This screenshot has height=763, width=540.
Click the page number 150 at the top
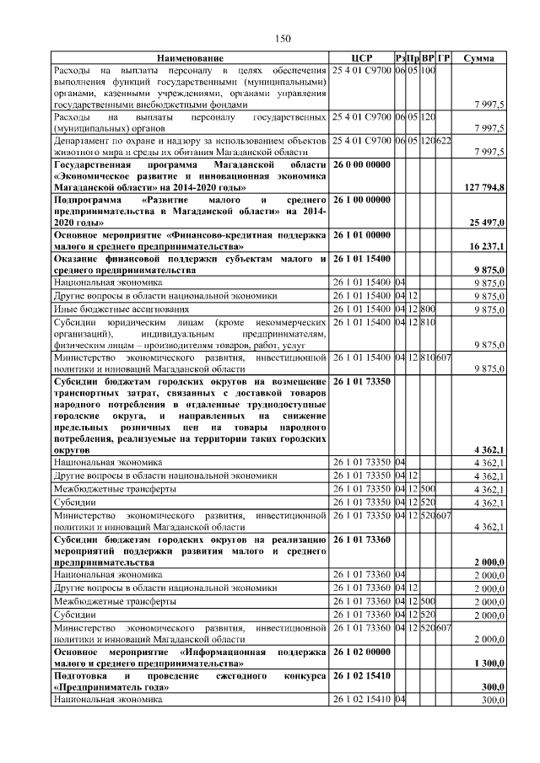pyautogui.click(x=283, y=39)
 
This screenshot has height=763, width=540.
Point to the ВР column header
pyautogui.click(x=429, y=57)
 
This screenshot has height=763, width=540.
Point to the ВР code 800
pyautogui.click(x=429, y=309)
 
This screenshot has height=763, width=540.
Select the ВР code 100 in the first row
pyautogui.click(x=429, y=69)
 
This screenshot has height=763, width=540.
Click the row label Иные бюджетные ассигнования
pyautogui.click(x=114, y=309)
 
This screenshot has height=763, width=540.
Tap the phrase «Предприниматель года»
pyautogui.click(x=109, y=688)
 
